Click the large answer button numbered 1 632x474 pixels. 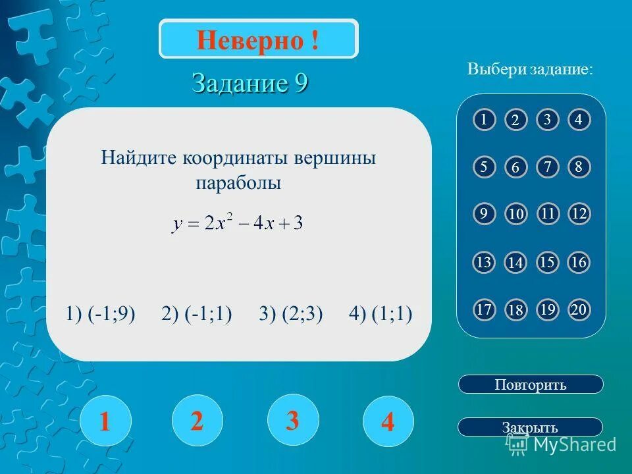[105, 421]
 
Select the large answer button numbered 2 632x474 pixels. [197, 420]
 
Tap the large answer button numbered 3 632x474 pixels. [293, 419]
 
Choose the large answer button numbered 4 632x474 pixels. [388, 421]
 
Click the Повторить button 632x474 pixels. [530, 384]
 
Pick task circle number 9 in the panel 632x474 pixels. [484, 214]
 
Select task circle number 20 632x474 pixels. [579, 310]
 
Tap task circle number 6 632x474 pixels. [515, 168]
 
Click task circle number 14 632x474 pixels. [515, 263]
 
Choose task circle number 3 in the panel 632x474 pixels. [547, 120]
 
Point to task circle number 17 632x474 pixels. [484, 310]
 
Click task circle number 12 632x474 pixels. [579, 214]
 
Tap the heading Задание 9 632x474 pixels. [250, 84]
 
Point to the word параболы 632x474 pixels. [238, 184]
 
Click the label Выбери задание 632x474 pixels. [530, 69]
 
